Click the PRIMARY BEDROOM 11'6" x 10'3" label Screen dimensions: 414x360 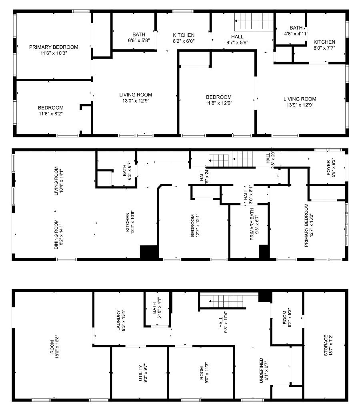54,50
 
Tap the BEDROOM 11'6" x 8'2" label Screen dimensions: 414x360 51,111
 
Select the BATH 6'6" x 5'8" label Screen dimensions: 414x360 139,37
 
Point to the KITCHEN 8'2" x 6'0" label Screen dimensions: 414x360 184,38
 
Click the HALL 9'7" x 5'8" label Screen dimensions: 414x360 238,39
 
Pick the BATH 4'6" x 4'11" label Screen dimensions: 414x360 296,31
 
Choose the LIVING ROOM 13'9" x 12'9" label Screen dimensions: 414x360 300,102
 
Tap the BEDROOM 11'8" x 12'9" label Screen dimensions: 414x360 219,100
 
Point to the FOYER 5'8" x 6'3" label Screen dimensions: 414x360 331,168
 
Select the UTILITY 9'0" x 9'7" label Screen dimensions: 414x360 143,374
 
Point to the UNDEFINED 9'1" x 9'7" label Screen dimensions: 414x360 264,371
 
